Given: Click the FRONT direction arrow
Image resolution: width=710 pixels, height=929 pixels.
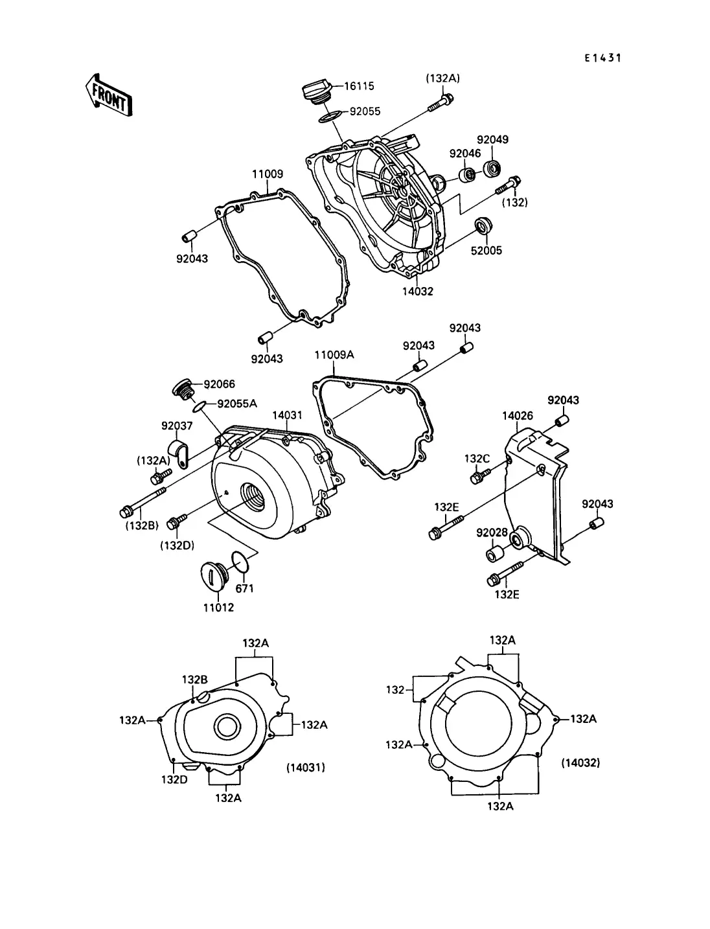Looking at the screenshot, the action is tap(109, 96).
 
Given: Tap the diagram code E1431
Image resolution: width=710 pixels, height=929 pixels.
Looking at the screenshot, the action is tap(602, 58).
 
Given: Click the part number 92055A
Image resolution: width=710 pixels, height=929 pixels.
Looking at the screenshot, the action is tap(237, 404).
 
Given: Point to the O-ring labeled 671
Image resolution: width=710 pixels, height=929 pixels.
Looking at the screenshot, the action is tap(240, 561).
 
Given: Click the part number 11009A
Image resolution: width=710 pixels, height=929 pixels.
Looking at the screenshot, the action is tap(334, 354).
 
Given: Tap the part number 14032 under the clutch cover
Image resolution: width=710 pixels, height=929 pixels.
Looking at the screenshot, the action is tap(418, 291).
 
